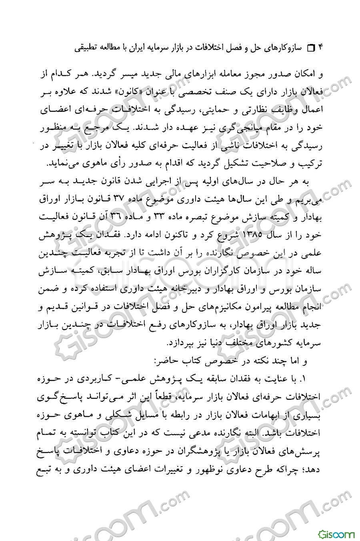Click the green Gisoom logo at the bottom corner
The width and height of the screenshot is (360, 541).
[x=336, y=533]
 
